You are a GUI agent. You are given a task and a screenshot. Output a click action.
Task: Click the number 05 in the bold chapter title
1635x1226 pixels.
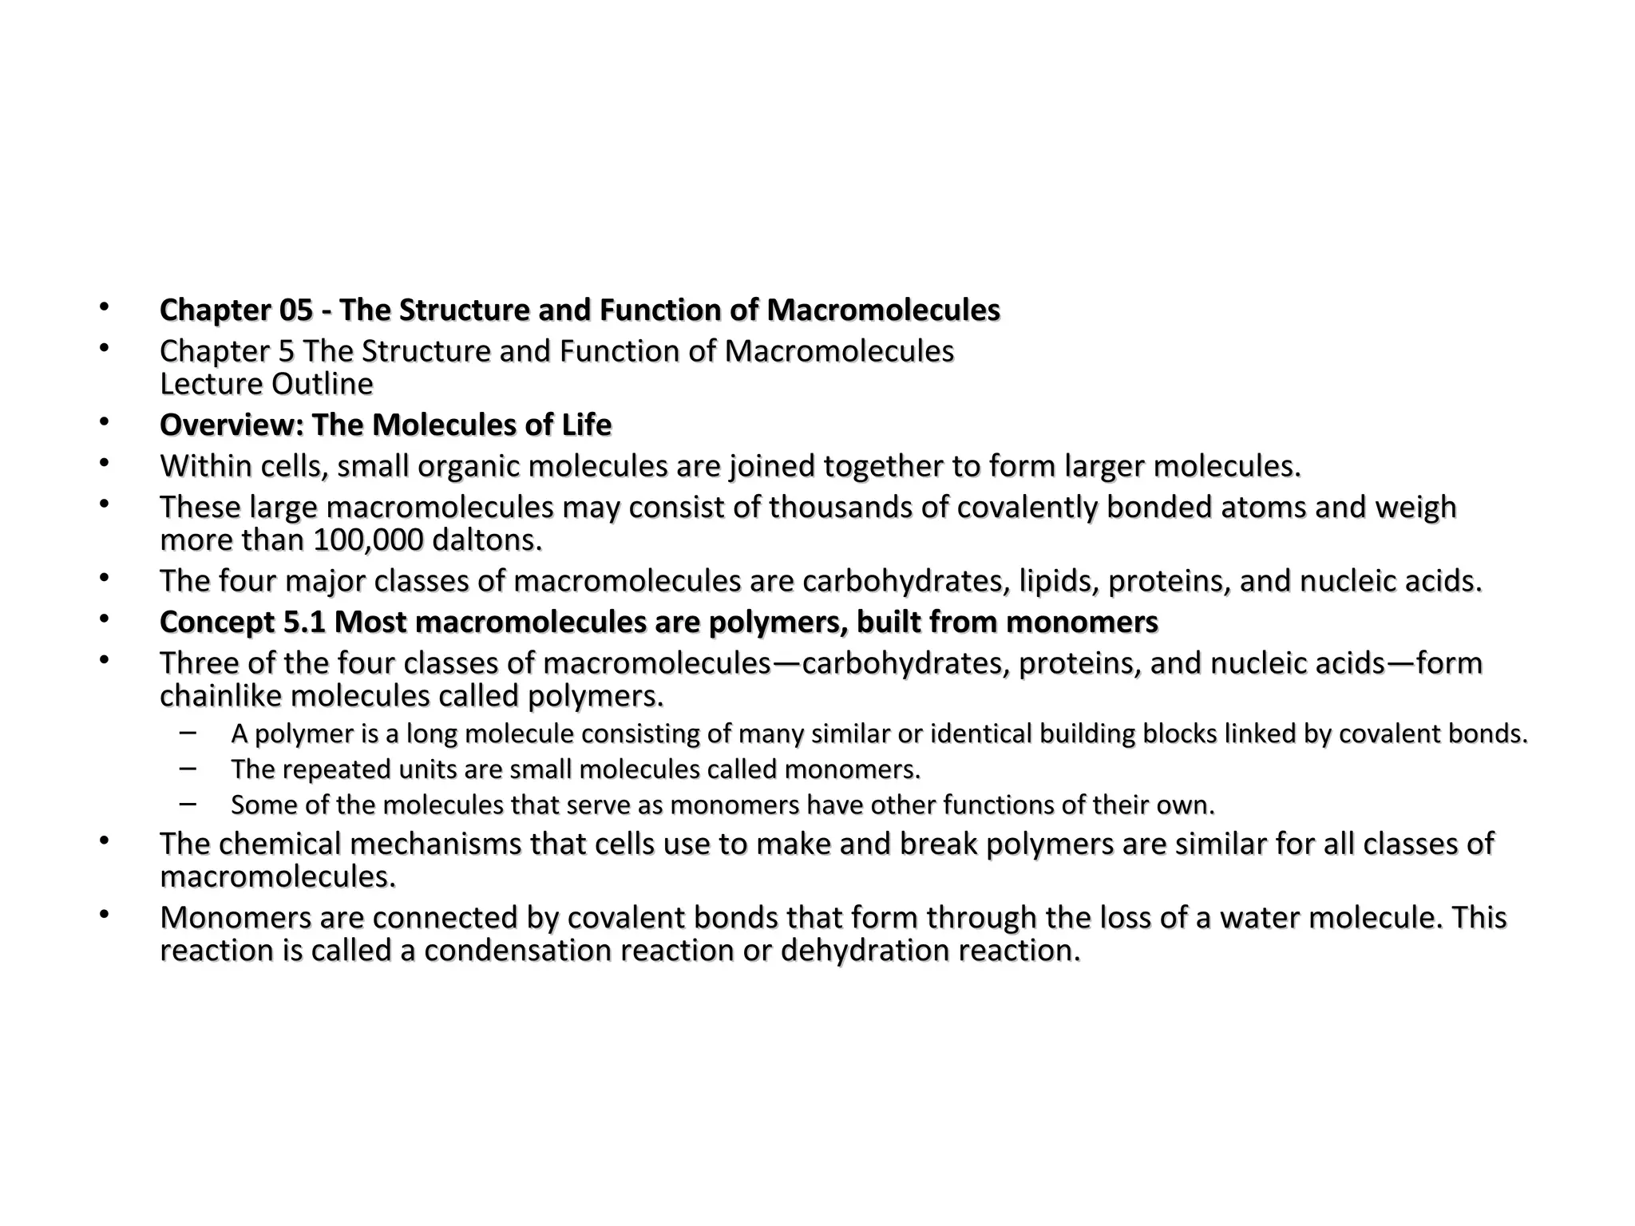tap(295, 310)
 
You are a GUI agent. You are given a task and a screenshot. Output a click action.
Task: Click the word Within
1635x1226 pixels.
tap(206, 466)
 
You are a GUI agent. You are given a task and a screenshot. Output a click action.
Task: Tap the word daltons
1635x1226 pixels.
tap(486, 540)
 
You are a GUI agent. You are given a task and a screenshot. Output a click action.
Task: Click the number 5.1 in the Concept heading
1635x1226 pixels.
tap(305, 623)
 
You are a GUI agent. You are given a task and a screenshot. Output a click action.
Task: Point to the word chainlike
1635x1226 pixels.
tap(220, 696)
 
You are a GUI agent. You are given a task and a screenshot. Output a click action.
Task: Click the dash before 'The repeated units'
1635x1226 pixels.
tap(188, 768)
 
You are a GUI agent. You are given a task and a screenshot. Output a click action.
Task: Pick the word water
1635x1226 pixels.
tap(1261, 918)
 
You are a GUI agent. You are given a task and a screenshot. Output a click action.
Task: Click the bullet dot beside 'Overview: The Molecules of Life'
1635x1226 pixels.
tap(103, 422)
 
